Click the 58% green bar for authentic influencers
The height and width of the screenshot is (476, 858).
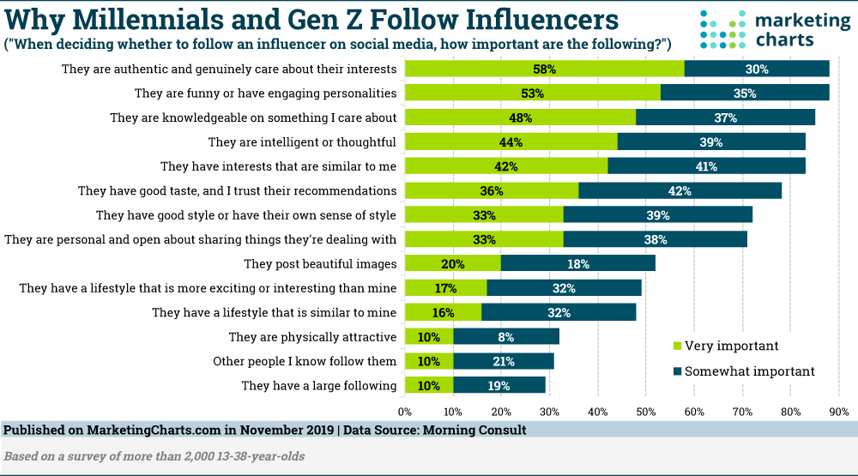544,69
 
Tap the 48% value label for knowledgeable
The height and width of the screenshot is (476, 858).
521,117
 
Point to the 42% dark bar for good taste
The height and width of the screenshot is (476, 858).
680,190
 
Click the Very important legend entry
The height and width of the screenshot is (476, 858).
726,346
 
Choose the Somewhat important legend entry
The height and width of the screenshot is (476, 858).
743,371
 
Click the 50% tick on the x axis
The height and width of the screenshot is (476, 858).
645,411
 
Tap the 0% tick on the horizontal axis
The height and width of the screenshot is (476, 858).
405,411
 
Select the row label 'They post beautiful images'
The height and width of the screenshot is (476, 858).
319,263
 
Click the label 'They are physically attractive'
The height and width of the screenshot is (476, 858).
311,337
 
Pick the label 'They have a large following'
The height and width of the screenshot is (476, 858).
318,386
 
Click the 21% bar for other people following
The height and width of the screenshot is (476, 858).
504,362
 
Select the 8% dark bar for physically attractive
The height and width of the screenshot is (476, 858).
506,337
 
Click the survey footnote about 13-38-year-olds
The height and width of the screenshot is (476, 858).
154,456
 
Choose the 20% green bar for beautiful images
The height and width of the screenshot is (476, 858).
452,263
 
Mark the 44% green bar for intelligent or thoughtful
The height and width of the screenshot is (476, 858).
511,142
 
